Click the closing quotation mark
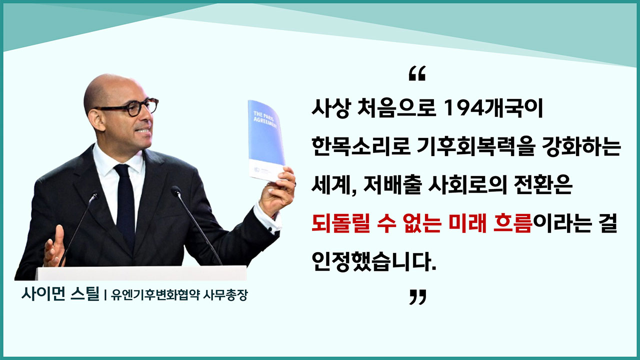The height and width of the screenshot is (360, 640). pyautogui.click(x=417, y=297)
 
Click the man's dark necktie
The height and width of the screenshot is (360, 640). pyautogui.click(x=124, y=205)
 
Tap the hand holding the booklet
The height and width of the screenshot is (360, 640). pyautogui.click(x=277, y=192)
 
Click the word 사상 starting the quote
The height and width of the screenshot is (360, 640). pyautogui.click(x=327, y=109)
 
